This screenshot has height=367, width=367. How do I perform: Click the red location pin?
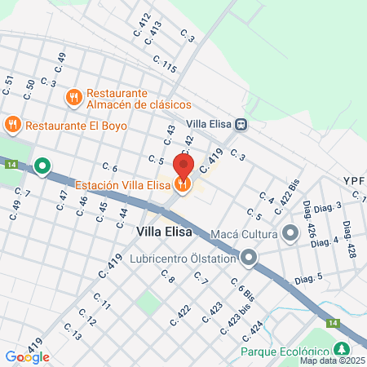point(183,166)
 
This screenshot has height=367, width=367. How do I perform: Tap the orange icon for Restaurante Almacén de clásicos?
point(74,97)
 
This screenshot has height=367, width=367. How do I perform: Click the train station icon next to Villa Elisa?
point(241,124)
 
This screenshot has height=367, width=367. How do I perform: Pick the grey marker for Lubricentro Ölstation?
point(249,259)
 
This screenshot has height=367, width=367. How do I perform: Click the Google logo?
point(27,356)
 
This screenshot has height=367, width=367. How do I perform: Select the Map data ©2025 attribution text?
point(332,360)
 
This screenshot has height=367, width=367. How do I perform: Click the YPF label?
point(354,181)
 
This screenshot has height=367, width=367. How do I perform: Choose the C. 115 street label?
point(164,66)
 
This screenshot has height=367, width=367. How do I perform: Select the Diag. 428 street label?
point(350,240)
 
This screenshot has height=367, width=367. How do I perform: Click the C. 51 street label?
point(9,82)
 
